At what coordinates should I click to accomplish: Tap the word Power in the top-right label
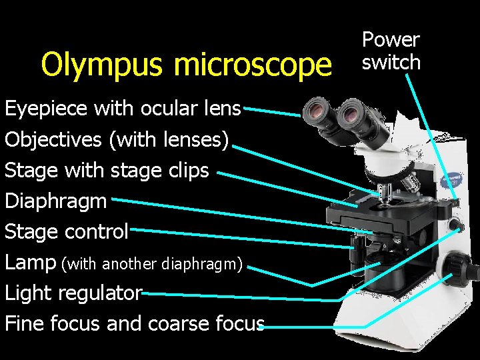pyautogui.click(x=390, y=40)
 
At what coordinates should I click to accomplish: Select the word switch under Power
pyautogui.click(x=391, y=62)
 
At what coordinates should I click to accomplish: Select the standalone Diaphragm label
pyautogui.click(x=55, y=201)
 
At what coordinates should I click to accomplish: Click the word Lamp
pyautogui.click(x=30, y=262)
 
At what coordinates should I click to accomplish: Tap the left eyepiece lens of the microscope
pyautogui.click(x=313, y=111)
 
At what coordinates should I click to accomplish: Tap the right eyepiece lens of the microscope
pyautogui.click(x=350, y=115)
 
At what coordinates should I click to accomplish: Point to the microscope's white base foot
pyautogui.click(x=400, y=333)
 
